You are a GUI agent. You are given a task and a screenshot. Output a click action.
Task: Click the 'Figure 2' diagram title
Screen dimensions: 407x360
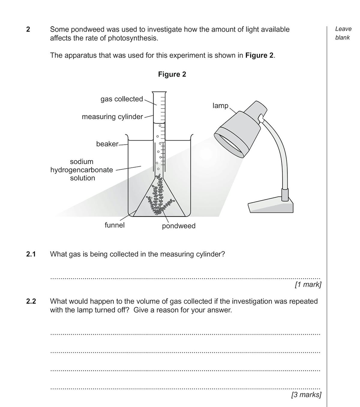pos(172,74)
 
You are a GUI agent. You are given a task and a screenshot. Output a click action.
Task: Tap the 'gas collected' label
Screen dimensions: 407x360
pos(121,99)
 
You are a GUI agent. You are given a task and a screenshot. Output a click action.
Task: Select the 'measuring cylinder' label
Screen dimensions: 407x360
pos(112,117)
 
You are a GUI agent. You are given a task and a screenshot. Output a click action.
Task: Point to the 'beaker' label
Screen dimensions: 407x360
pos(107,144)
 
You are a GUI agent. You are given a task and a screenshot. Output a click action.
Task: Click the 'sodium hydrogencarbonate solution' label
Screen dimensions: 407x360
pos(82,170)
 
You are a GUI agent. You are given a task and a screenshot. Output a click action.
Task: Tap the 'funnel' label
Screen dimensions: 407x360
pos(114,225)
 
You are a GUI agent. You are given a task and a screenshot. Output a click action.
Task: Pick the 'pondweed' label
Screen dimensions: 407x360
pos(178,226)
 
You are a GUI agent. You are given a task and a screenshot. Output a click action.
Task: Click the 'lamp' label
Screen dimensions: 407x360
pos(220,105)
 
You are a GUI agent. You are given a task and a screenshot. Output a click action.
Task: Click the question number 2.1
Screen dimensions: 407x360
pos(31,254)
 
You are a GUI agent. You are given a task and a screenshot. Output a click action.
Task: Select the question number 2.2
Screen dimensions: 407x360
pos(31,301)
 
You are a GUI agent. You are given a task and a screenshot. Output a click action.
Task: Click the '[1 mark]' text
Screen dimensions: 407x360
pos(308,284)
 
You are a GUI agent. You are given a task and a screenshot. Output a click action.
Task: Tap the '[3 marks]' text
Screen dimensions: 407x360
pos(306,394)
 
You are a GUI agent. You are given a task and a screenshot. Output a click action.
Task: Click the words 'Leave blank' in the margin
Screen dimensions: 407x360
pos(343,33)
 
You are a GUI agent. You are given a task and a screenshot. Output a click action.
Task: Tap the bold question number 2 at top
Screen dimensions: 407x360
pos(28,29)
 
